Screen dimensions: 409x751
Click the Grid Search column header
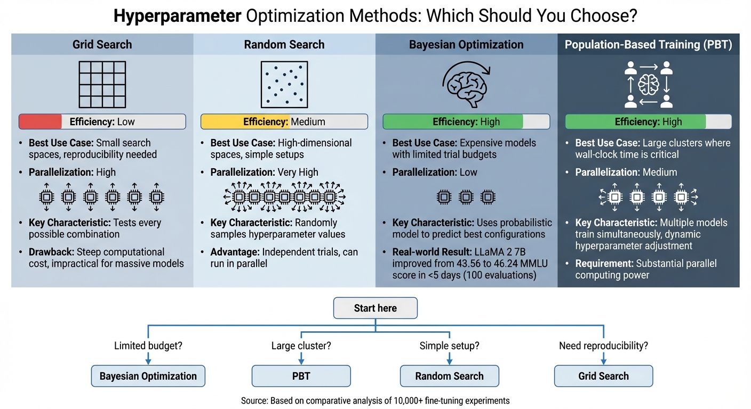click(102, 45)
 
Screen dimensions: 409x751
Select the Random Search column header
click(284, 45)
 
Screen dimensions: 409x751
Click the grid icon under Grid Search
click(102, 85)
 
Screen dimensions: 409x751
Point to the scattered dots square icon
click(284, 85)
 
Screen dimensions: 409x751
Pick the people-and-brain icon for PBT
click(649, 85)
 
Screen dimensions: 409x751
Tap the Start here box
click(375, 308)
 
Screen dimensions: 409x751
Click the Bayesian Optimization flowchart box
click(148, 376)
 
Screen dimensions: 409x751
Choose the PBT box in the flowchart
click(301, 376)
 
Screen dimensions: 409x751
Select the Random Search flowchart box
click(449, 376)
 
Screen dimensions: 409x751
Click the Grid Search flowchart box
click(603, 376)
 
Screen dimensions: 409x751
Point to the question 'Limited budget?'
click(148, 346)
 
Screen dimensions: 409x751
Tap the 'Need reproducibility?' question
click(603, 346)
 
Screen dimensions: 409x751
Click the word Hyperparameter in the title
click(177, 16)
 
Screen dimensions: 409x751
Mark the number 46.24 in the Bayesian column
click(498, 263)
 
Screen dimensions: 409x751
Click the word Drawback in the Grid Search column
click(52, 252)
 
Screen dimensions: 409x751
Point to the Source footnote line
click(375, 400)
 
